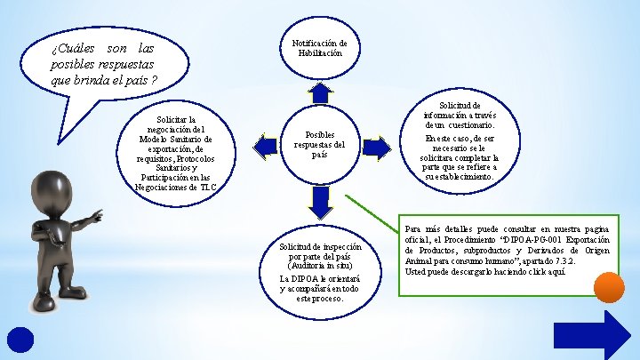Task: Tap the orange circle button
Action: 609,287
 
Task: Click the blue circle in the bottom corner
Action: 20,341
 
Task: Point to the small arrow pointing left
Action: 263,144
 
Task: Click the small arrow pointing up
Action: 319,92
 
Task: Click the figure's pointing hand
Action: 96,216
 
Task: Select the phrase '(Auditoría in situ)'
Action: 319,265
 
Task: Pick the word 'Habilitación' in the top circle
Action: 319,53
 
